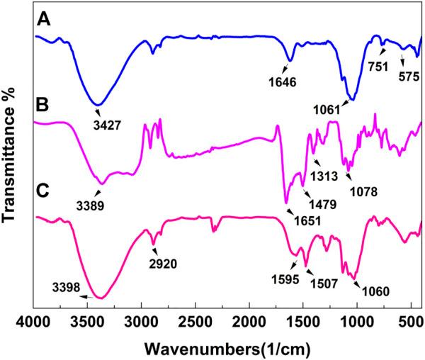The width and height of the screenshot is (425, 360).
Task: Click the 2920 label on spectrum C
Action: click(x=162, y=264)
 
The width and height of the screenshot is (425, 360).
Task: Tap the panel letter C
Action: click(x=42, y=191)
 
